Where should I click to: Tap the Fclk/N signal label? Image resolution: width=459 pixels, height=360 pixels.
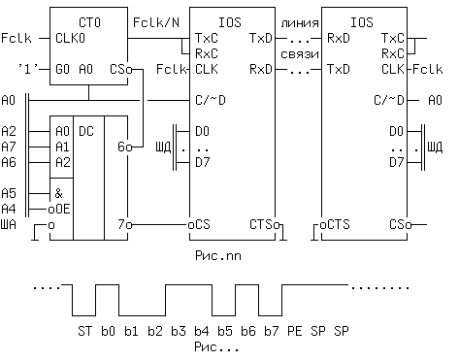pyautogui.click(x=154, y=20)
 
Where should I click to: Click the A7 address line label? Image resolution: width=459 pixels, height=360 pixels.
pyautogui.click(x=10, y=147)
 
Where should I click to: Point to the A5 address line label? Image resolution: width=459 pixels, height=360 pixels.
pyautogui.click(x=10, y=193)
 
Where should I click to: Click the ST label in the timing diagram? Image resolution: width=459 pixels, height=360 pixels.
pyautogui.click(x=83, y=332)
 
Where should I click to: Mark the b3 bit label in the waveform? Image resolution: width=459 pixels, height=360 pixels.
pyautogui.click(x=178, y=332)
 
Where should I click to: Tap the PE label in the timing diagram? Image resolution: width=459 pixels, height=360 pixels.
pyautogui.click(x=294, y=332)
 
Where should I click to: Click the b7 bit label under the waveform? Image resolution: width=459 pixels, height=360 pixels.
pyautogui.click(x=271, y=332)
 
